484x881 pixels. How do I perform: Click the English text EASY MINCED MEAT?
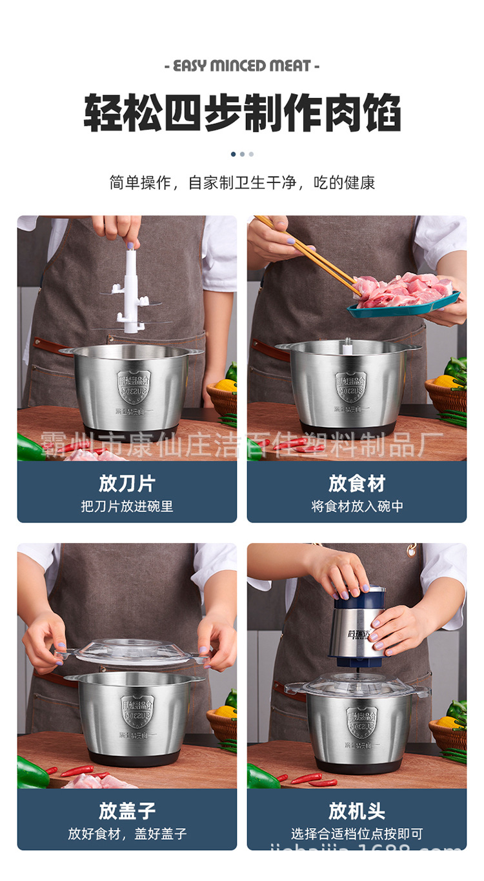click(x=242, y=66)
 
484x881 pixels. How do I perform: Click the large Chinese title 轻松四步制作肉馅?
click(x=242, y=114)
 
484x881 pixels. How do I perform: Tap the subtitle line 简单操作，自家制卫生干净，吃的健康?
click(x=242, y=183)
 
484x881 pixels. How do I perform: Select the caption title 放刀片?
click(x=127, y=483)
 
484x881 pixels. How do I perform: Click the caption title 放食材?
click(x=357, y=483)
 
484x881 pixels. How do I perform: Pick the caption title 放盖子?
click(x=127, y=811)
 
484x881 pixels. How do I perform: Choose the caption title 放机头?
click(x=357, y=811)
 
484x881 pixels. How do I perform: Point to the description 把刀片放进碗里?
click(x=127, y=507)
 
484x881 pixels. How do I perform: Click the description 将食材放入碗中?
click(x=357, y=507)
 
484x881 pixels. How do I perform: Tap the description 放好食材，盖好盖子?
click(x=127, y=834)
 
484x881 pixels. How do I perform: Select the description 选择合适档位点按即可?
click(x=357, y=834)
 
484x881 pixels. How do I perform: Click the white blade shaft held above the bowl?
click(x=132, y=290)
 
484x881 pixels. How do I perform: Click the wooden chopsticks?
click(x=303, y=248)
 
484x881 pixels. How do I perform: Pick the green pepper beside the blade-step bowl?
click(x=29, y=447)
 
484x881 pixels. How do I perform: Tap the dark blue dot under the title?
click(x=233, y=154)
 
